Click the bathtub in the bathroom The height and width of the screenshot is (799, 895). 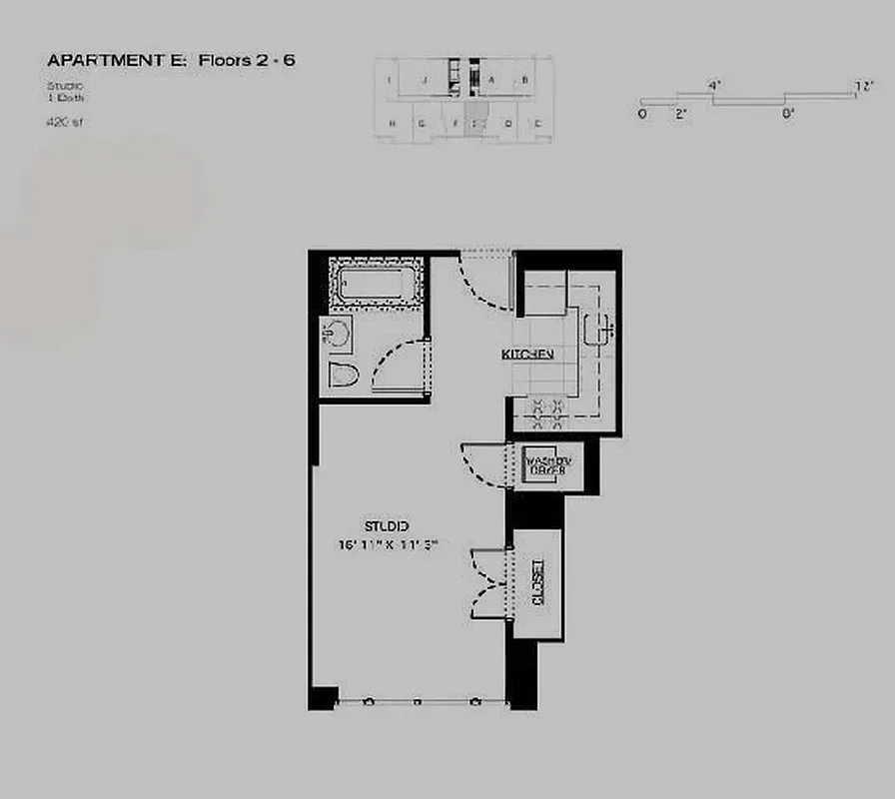(371, 284)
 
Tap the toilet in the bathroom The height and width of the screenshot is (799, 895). (343, 376)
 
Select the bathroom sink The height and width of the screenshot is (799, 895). (337, 333)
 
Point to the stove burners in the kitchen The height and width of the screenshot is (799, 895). (547, 406)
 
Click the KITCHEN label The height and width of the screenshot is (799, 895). (527, 355)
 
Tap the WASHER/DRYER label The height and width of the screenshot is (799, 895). (548, 464)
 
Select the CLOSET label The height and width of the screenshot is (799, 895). (537, 584)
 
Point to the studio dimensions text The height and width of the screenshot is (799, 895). (390, 544)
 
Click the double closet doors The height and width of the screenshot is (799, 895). (490, 583)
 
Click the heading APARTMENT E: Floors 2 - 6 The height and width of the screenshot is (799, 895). (171, 61)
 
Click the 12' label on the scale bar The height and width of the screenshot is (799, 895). (864, 87)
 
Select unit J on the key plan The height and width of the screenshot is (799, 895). (425, 78)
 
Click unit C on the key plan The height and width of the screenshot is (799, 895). (537, 124)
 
